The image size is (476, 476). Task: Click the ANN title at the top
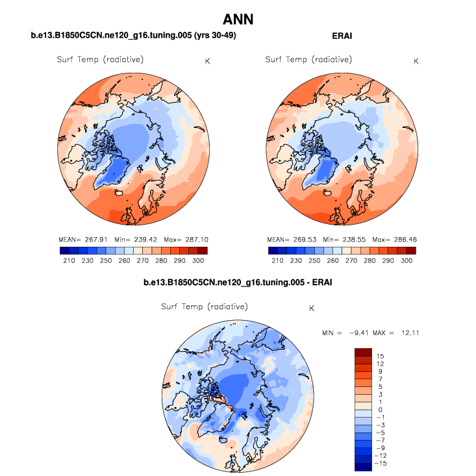click(238, 20)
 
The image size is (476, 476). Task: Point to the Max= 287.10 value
click(185, 239)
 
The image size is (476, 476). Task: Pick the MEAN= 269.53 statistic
click(290, 239)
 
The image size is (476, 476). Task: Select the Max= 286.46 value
click(394, 239)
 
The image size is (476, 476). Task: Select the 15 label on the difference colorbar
click(381, 357)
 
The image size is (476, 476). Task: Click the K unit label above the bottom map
click(312, 308)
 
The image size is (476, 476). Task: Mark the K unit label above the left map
click(207, 61)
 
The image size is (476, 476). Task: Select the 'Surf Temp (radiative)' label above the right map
click(308, 60)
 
